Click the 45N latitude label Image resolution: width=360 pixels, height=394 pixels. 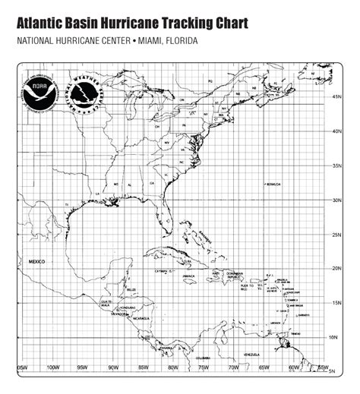(337, 97)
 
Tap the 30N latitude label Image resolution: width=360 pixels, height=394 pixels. (337, 200)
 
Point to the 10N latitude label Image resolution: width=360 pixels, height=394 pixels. (337, 336)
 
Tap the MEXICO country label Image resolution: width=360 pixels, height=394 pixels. (38, 261)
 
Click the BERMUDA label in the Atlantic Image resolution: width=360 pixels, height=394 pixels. (273, 184)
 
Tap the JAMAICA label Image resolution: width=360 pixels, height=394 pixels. (189, 276)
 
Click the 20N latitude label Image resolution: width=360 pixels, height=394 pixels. (337, 268)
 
